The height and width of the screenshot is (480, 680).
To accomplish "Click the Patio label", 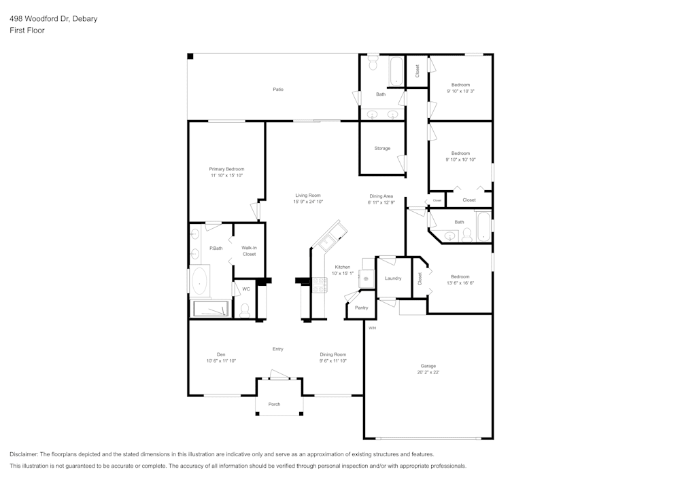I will [277, 90].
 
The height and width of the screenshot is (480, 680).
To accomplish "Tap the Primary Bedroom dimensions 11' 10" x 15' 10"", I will [226, 176].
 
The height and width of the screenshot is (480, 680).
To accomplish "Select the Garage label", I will [428, 366].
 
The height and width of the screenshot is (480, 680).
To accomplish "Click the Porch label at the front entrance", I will [274, 405].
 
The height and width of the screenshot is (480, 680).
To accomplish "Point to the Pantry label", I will [361, 308].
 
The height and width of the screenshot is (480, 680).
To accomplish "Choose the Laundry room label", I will [392, 278].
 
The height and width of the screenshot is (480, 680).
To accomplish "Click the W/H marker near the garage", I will [372, 329].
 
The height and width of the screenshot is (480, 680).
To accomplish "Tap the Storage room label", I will [381, 148].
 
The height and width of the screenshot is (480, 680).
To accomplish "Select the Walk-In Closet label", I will [249, 251].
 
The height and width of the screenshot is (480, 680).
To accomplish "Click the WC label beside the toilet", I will [246, 289].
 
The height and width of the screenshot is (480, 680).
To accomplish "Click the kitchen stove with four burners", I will [320, 285].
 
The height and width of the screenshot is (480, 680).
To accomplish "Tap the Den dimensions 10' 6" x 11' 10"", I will [221, 361].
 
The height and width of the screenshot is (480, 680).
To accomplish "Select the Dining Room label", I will [333, 354].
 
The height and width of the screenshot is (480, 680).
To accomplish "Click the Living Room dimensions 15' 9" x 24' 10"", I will [307, 202].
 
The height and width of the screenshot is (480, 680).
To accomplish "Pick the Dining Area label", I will [381, 196].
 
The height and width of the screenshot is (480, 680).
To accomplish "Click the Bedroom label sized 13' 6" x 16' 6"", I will [460, 276].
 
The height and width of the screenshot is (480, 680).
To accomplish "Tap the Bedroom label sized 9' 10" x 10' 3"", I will [460, 85].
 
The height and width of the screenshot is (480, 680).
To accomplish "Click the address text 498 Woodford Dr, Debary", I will [53, 19].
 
